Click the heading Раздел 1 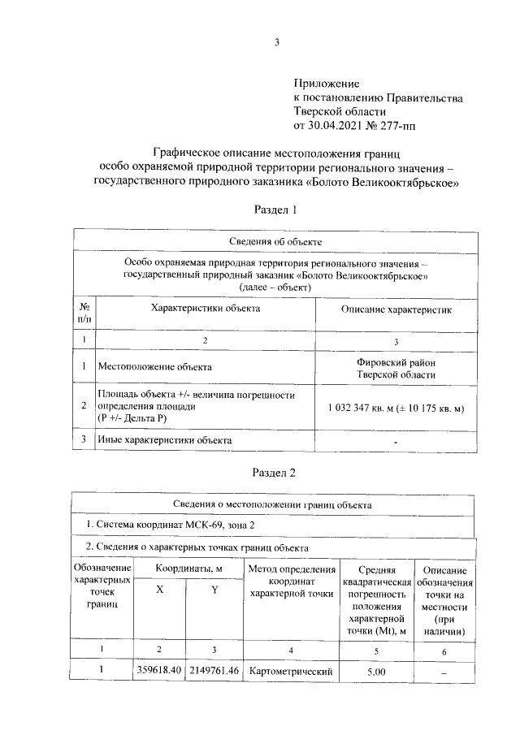[x=275, y=210]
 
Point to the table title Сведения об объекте [x=276, y=241]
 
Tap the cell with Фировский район [x=396, y=361]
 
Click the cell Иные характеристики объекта [x=164, y=439]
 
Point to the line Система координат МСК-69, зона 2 [x=175, y=525]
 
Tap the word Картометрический [x=292, y=672]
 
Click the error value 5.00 [x=375, y=672]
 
